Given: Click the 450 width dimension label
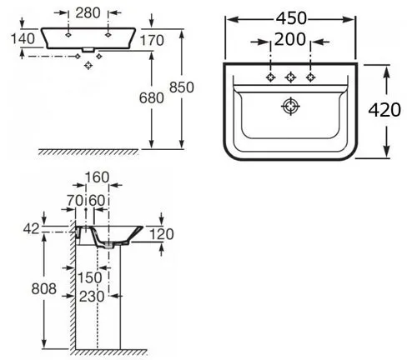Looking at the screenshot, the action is pos(291,18).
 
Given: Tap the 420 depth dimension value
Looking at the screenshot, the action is pos(384,110).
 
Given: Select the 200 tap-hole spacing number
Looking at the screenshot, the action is pos(290,39).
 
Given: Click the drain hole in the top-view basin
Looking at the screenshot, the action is pos(290,106).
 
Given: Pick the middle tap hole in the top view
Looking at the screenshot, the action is pos(290,77).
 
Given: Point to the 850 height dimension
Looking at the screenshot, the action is pos(182,87).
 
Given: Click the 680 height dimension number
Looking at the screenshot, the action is pos(151,98).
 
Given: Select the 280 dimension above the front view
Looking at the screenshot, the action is pos(88,13).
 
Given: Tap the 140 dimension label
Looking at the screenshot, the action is pos(23,38).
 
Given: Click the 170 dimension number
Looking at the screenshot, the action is pos(152,41).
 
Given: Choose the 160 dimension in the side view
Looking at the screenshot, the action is pos(97,177).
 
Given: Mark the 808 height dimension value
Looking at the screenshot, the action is pos(43,288).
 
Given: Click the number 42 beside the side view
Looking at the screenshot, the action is pos(31,229).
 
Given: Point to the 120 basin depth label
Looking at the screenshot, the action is pos(162,234).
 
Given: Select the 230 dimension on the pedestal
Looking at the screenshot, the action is pos(92,297).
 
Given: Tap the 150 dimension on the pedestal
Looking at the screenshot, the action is pos(89,277).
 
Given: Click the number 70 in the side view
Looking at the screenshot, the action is pos(75,200).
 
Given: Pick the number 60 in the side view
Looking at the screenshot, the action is pos(97,200).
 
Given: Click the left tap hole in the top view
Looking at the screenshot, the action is pos(270,77).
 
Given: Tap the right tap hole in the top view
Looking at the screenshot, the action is pos(310,77).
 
